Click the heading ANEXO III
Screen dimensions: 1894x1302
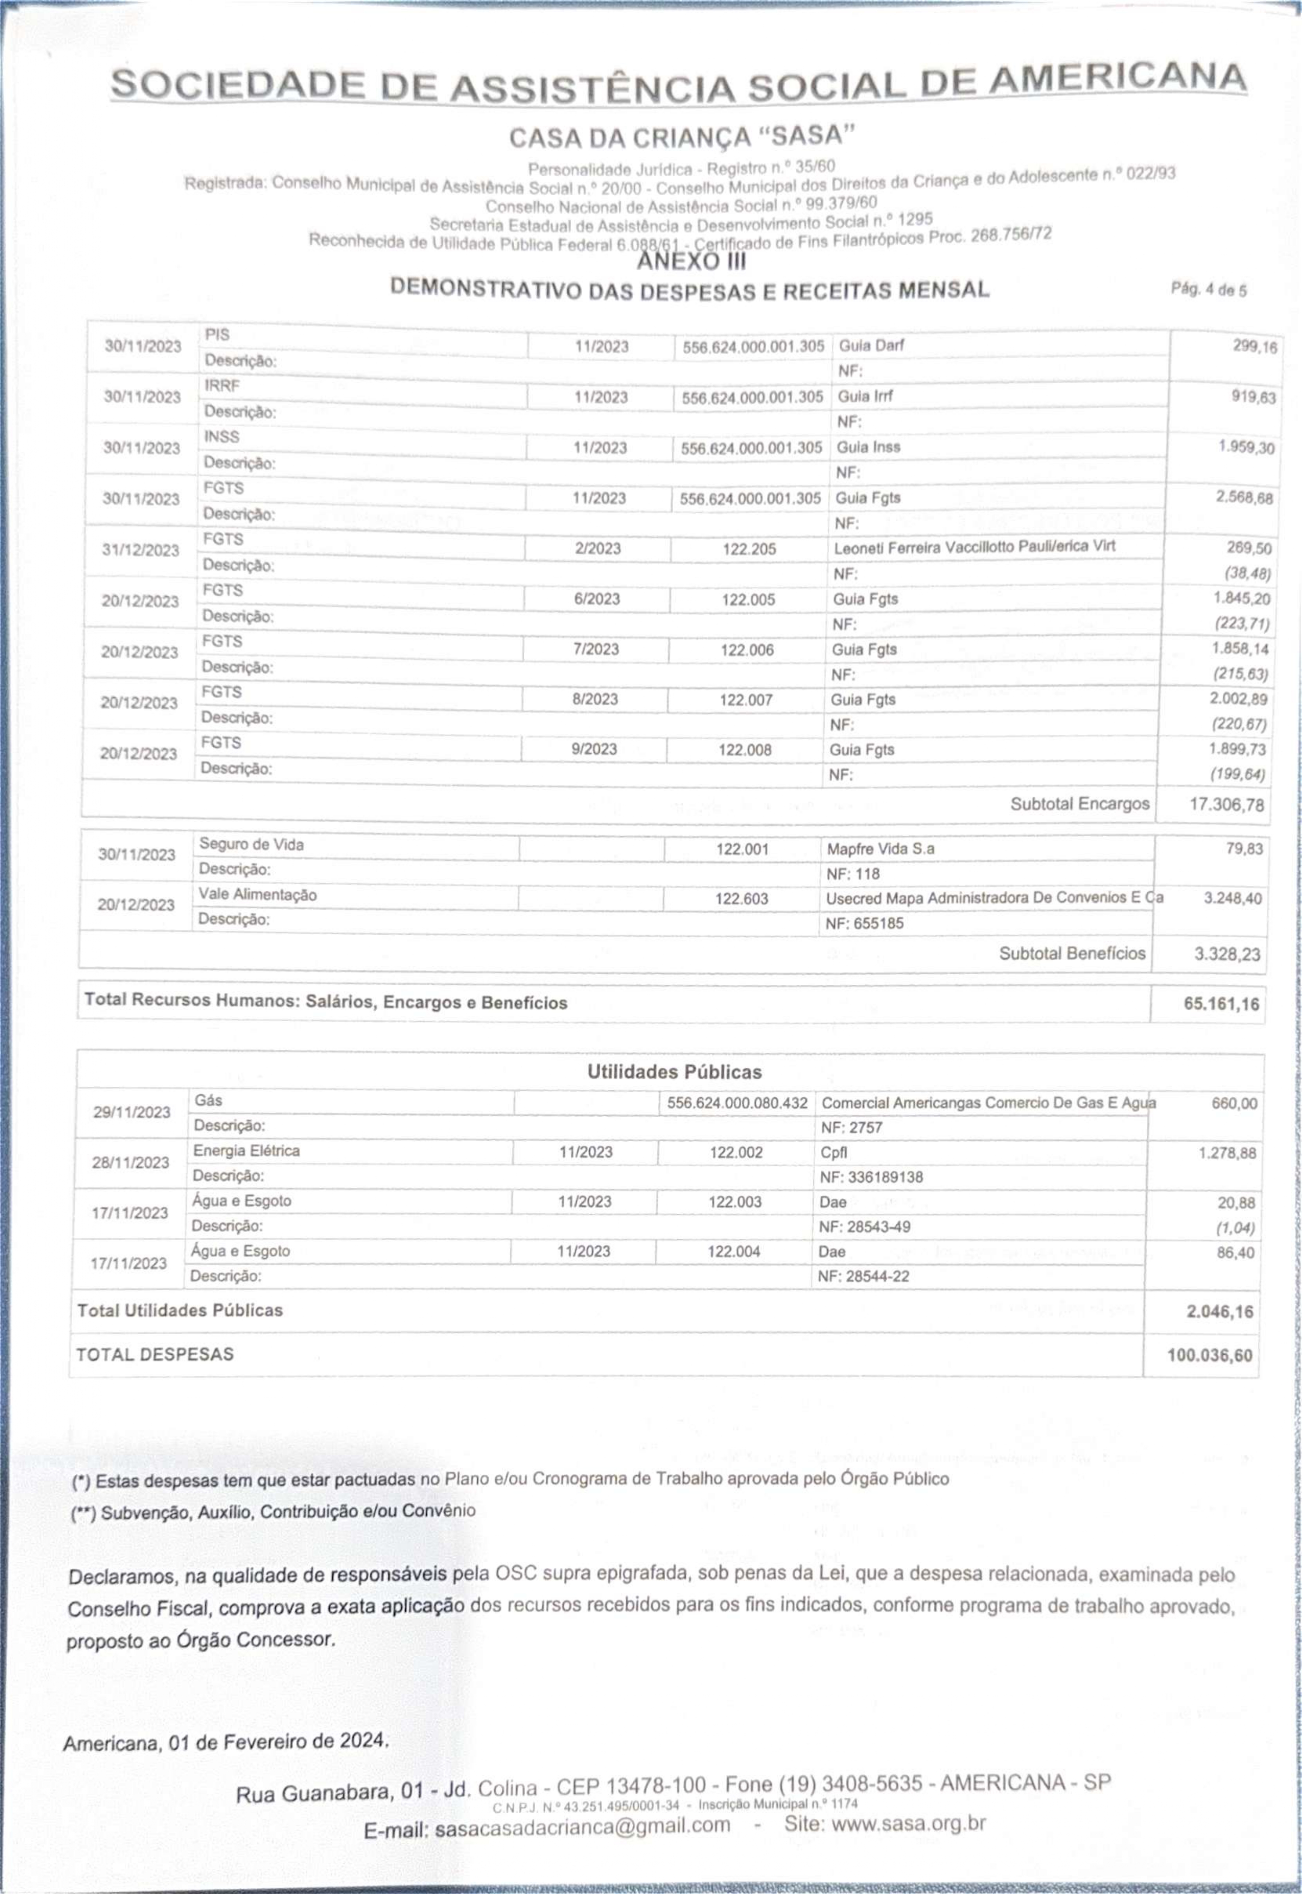click(691, 261)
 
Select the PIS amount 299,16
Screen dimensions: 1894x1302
click(1255, 347)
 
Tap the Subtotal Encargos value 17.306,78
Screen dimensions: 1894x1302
click(1226, 805)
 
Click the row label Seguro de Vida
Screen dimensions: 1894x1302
click(251, 845)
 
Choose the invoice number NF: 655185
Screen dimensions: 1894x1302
click(865, 924)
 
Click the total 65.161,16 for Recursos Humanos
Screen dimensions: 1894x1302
click(1221, 1004)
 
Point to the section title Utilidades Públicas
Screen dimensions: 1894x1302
click(674, 1071)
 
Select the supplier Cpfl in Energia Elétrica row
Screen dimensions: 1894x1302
click(834, 1152)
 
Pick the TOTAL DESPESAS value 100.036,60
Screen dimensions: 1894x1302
click(1209, 1356)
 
